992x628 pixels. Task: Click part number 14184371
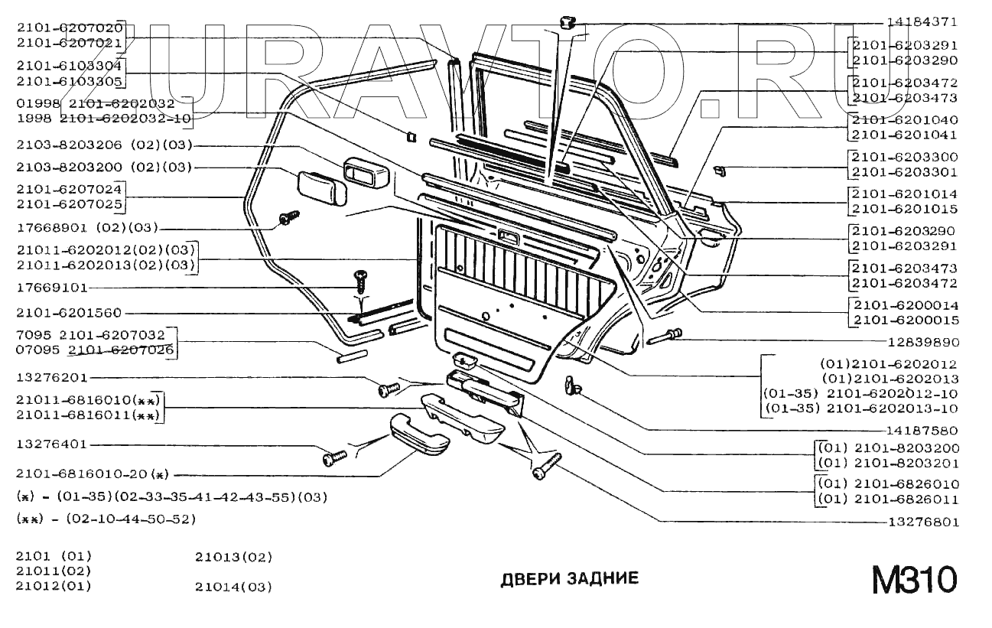pyautogui.click(x=922, y=22)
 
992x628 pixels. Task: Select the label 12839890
pyautogui.click(x=922, y=342)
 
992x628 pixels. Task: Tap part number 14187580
pyautogui.click(x=922, y=431)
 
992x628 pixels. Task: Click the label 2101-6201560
pyautogui.click(x=68, y=313)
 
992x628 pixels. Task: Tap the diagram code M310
pyautogui.click(x=914, y=580)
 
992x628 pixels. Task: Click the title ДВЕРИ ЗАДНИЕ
pyautogui.click(x=569, y=579)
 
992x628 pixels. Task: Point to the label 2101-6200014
pyautogui.click(x=905, y=305)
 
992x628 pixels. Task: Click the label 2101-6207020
pyautogui.click(x=69, y=28)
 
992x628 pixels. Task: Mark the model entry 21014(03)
pyautogui.click(x=233, y=587)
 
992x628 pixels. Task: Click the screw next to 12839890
pyautogui.click(x=668, y=336)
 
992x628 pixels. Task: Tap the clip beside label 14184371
pyautogui.click(x=567, y=21)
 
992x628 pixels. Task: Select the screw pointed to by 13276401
pyautogui.click(x=334, y=457)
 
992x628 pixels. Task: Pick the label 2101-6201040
pyautogui.click(x=905, y=120)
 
